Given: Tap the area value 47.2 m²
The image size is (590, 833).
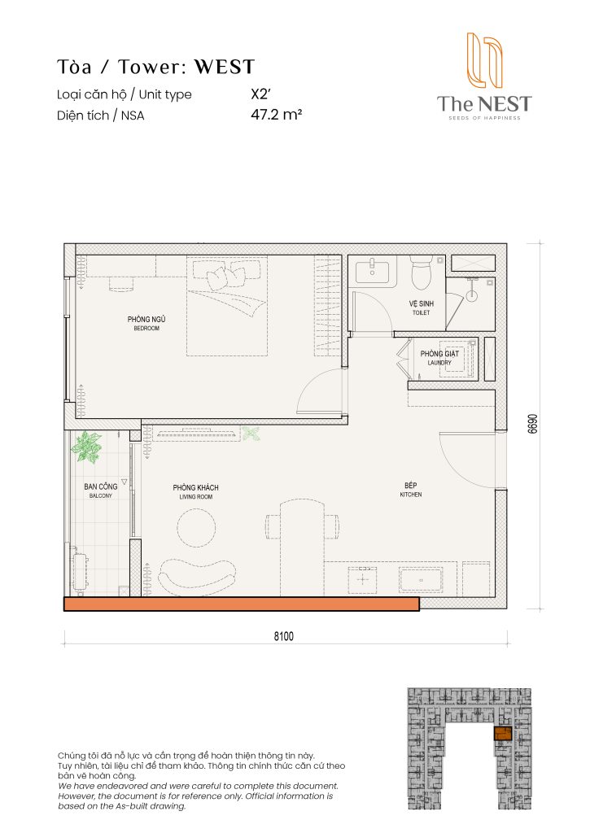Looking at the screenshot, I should (x=277, y=116).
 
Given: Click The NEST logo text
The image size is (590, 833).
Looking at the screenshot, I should (x=483, y=103).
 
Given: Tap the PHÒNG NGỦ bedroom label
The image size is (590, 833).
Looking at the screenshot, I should (x=147, y=323).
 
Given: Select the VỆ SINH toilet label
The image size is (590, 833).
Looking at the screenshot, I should (x=421, y=306).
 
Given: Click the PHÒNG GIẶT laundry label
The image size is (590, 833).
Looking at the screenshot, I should (x=439, y=356).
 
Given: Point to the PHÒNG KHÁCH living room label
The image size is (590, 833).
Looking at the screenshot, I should (x=195, y=491).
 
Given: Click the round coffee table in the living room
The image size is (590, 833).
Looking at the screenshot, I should (x=198, y=527).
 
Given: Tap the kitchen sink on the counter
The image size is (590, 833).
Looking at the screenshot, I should (x=420, y=579).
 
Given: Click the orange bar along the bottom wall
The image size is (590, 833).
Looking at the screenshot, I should (x=241, y=604).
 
